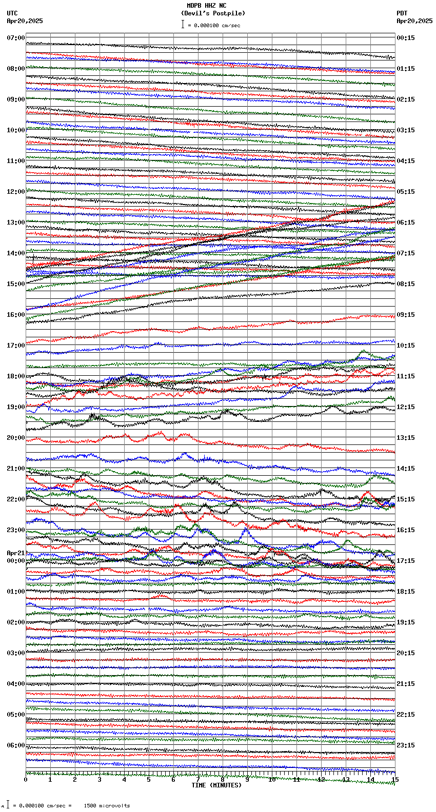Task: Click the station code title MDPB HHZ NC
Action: (206, 6)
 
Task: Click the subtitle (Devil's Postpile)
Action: (213, 13)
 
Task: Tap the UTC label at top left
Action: (12, 13)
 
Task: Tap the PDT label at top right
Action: (402, 13)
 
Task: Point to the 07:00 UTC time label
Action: (16, 38)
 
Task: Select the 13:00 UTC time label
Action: (16, 222)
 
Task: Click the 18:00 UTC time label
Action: (16, 376)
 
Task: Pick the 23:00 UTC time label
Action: (16, 530)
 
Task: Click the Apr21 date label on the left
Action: (16, 553)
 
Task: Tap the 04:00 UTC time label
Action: (16, 684)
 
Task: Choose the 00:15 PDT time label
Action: (406, 38)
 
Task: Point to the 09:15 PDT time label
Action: (406, 315)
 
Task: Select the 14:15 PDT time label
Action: (406, 469)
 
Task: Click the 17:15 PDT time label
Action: (406, 561)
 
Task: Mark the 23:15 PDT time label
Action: (406, 745)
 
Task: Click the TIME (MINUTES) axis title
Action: (216, 785)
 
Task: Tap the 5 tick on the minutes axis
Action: (149, 780)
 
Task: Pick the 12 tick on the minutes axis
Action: (321, 780)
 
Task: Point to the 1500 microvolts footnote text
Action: (107, 805)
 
